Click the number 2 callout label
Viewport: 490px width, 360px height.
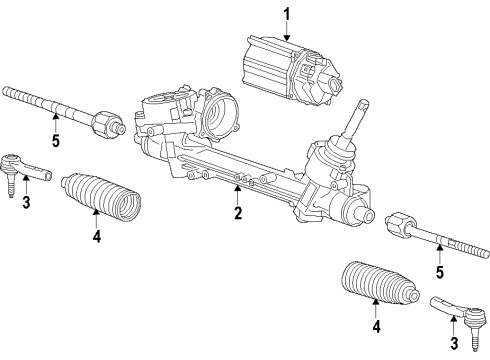(239, 212)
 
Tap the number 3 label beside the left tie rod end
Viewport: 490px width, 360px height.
(26, 205)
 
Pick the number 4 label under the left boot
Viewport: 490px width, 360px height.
(97, 239)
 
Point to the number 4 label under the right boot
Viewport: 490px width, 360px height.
(375, 326)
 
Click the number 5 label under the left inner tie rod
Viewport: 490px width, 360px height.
(56, 141)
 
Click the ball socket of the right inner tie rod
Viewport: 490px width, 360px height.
(400, 225)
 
